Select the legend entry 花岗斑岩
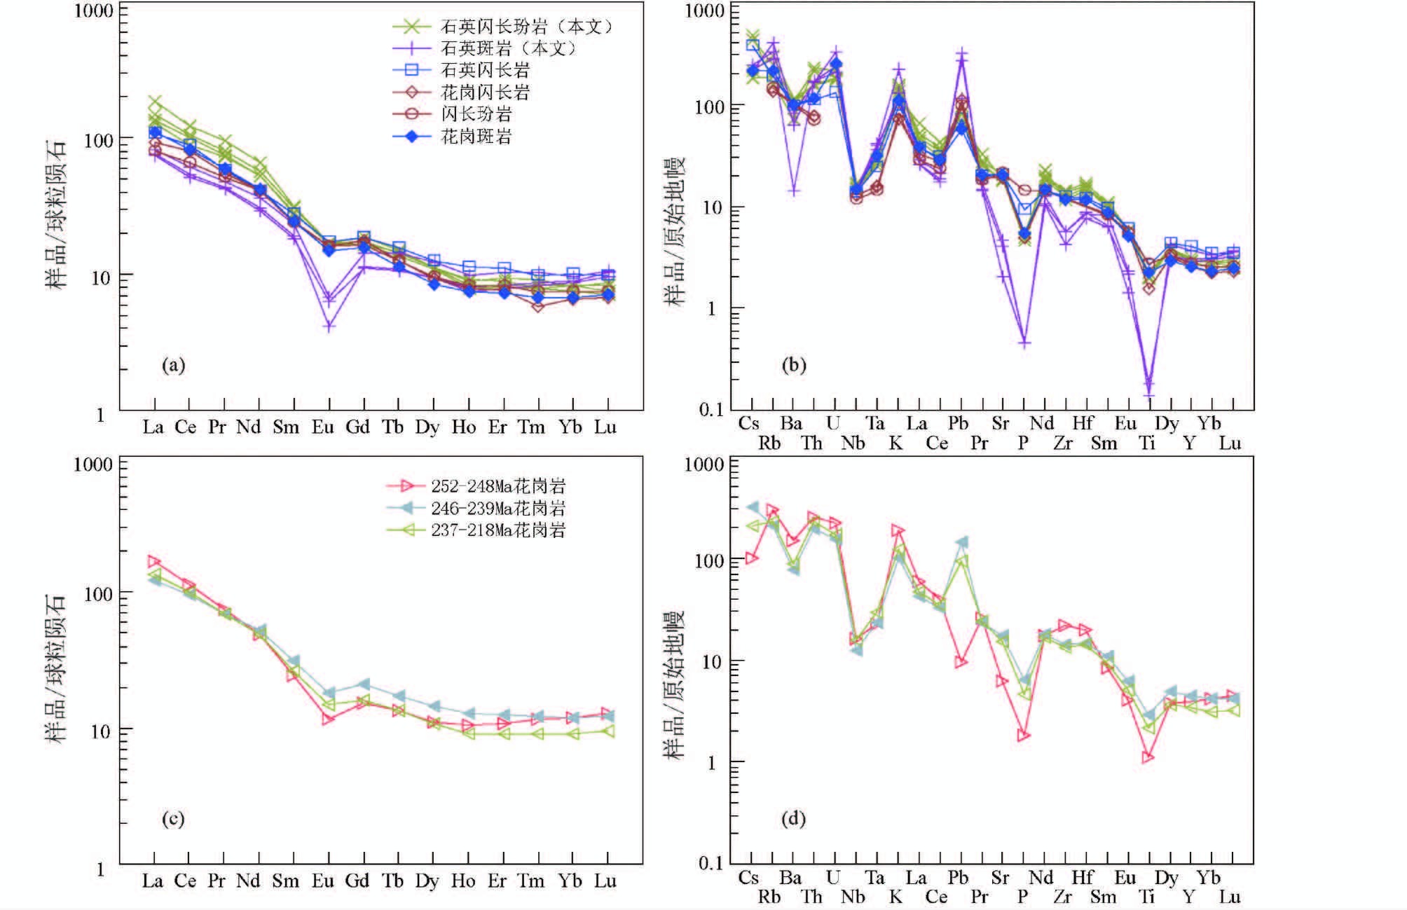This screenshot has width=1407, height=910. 476,136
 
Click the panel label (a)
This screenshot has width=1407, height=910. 173,365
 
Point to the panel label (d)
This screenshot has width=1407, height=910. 793,818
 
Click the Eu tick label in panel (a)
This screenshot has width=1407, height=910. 323,427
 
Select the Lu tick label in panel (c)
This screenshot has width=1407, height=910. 605,881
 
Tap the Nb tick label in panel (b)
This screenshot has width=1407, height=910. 853,443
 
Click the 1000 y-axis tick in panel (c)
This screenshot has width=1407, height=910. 94,464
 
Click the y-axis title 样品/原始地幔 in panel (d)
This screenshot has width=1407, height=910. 674,684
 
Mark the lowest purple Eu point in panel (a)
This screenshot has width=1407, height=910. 329,326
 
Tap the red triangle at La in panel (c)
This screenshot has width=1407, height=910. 154,562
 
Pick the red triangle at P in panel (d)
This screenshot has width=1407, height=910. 1024,736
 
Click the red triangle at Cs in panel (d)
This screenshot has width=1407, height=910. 751,558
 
